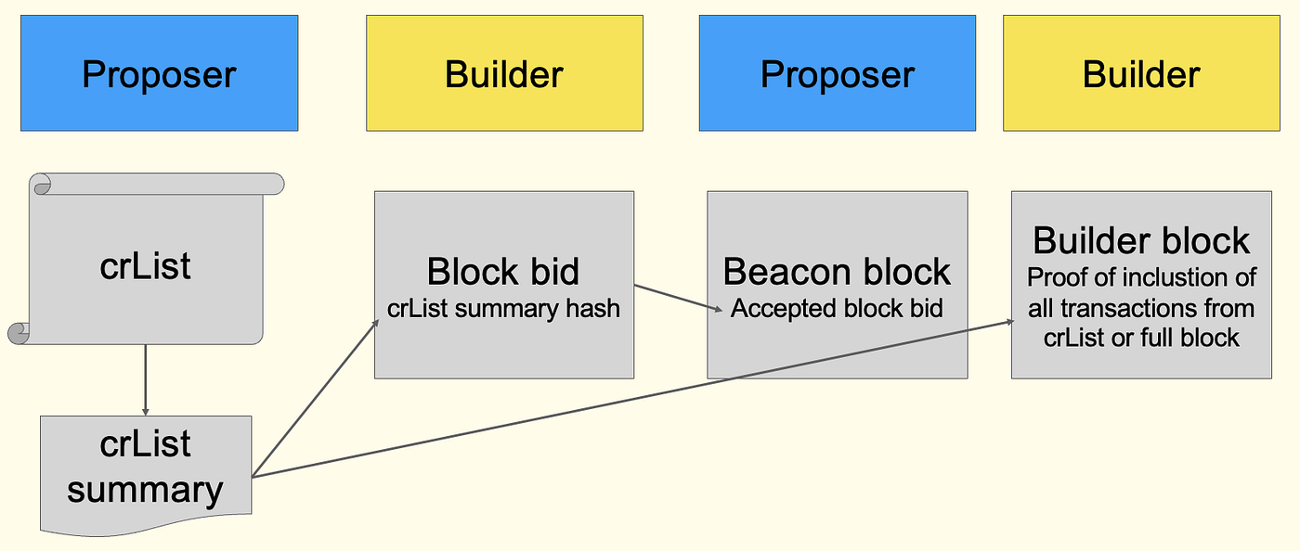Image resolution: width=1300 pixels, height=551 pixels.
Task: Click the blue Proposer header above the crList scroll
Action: click(x=159, y=73)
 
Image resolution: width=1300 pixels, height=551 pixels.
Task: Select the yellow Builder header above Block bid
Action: click(x=504, y=73)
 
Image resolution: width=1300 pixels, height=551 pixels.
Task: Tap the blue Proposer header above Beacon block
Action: click(x=837, y=73)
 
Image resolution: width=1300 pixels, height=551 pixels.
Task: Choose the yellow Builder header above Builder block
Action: click(x=1141, y=73)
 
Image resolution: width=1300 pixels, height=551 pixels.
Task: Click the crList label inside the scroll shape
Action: click(x=145, y=266)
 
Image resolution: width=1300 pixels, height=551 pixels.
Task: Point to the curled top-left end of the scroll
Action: click(x=43, y=185)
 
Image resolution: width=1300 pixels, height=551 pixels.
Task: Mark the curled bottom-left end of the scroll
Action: click(x=19, y=333)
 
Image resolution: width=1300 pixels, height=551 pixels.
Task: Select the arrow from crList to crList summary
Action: click(x=145, y=380)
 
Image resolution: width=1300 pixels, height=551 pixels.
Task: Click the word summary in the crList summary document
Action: click(x=145, y=489)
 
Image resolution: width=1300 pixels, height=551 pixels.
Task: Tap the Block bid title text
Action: click(x=503, y=272)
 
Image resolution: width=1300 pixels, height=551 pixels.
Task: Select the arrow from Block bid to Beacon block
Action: click(x=678, y=299)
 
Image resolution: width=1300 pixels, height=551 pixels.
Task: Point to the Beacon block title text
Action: click(x=837, y=272)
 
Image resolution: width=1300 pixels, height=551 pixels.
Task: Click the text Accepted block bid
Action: click(x=837, y=308)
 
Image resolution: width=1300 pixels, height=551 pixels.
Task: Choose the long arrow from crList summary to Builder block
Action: click(x=631, y=399)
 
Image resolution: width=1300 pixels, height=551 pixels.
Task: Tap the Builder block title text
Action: click(x=1141, y=240)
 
